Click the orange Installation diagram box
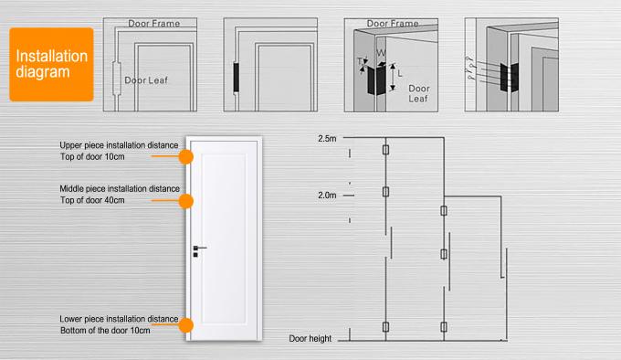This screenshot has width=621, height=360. point(51,64)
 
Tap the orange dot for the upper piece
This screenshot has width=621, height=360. point(185,156)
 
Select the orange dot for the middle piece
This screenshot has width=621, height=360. point(185,201)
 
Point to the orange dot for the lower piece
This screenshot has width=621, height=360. point(185,325)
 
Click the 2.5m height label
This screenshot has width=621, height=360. point(327,139)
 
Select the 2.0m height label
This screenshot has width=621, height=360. point(327,196)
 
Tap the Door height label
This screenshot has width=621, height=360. point(310,339)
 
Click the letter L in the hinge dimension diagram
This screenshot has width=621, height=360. point(401,71)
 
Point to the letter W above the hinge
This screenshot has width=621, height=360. point(380,53)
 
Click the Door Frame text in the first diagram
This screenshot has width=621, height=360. point(153,23)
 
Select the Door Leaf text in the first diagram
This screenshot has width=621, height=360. point(145,80)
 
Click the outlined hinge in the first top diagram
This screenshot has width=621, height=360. point(114,78)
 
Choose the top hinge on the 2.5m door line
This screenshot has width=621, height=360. point(386,151)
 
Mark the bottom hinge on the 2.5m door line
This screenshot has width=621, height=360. point(386,329)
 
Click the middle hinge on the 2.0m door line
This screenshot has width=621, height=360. point(445,254)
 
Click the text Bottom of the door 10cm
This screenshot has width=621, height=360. point(102,329)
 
